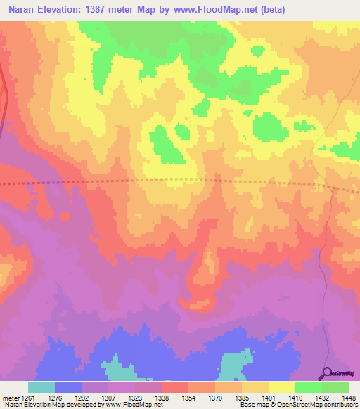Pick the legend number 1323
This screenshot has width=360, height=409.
(135, 397)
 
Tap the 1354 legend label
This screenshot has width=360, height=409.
(188, 397)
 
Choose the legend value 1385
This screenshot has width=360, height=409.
(242, 397)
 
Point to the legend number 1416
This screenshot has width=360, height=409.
(295, 397)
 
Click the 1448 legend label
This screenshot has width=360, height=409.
(348, 397)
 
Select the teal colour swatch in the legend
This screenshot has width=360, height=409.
(41, 387)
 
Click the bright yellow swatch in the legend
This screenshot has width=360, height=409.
(281, 387)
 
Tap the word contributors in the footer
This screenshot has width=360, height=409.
(339, 405)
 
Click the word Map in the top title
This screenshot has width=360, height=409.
(160, 11)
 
